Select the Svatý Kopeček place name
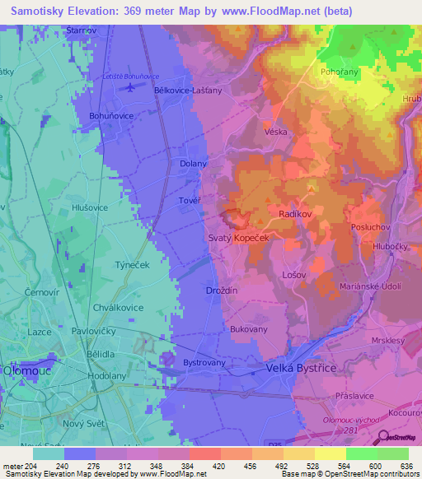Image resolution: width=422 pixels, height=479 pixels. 246,236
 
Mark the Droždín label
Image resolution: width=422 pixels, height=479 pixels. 221,291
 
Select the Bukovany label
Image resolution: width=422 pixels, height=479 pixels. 248,328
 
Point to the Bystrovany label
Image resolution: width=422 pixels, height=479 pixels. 204,362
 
